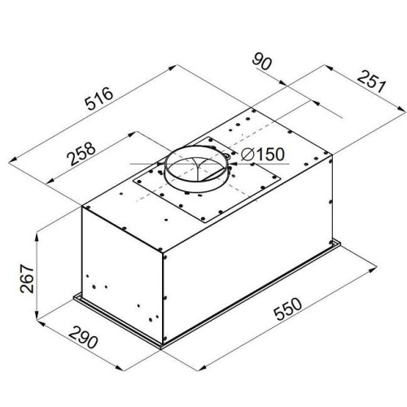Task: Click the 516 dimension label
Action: pyautogui.click(x=98, y=98)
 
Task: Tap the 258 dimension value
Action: pyautogui.click(x=81, y=154)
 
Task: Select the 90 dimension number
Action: pyautogui.click(x=261, y=62)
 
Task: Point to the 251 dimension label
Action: pyautogui.click(x=371, y=81)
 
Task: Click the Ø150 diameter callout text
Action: pyautogui.click(x=263, y=155)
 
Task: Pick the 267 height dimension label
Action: pyautogui.click(x=27, y=278)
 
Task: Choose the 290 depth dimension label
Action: pyautogui.click(x=83, y=338)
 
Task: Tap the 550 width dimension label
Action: pyautogui.click(x=287, y=309)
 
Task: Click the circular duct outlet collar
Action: pyautogui.click(x=197, y=169)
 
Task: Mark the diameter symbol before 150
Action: pyautogui.click(x=247, y=155)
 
